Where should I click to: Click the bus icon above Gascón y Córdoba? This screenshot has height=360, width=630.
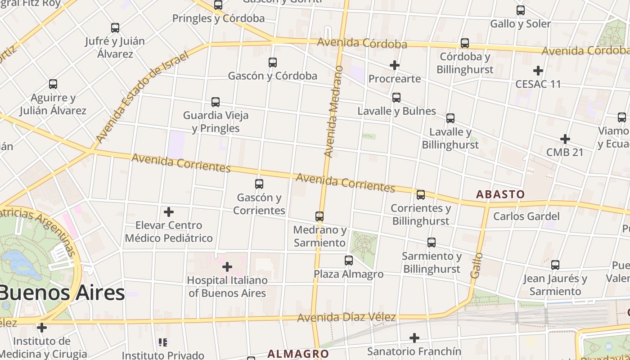[x=272, y=63]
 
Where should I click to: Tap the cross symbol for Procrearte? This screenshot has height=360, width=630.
[x=395, y=65]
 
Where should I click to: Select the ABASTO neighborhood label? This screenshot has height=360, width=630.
[x=500, y=194]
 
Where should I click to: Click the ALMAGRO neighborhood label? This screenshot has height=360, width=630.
[x=298, y=354]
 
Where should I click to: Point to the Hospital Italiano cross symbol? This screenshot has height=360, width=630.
[x=227, y=267]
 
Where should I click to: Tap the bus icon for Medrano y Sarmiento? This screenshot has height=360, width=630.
[x=319, y=216]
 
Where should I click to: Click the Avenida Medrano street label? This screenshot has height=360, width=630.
[x=333, y=112]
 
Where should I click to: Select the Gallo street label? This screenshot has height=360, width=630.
[x=477, y=265]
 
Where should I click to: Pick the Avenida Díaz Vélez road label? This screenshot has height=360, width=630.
[x=346, y=317]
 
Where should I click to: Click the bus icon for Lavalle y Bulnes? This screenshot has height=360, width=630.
[x=396, y=98]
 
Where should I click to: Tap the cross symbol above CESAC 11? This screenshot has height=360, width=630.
[x=538, y=71]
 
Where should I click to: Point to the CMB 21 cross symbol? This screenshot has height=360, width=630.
[x=565, y=139]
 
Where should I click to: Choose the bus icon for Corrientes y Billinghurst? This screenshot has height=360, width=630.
[x=420, y=195]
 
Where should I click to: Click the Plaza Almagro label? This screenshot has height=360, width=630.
[x=348, y=274]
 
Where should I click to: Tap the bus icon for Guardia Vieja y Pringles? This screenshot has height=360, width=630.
[x=216, y=102]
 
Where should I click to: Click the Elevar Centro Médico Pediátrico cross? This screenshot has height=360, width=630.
[x=169, y=211]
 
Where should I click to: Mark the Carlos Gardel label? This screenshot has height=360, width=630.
[x=526, y=216]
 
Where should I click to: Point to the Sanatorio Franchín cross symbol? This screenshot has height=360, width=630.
[x=414, y=337]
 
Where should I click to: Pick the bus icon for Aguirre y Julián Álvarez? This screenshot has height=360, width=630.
[x=53, y=84]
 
